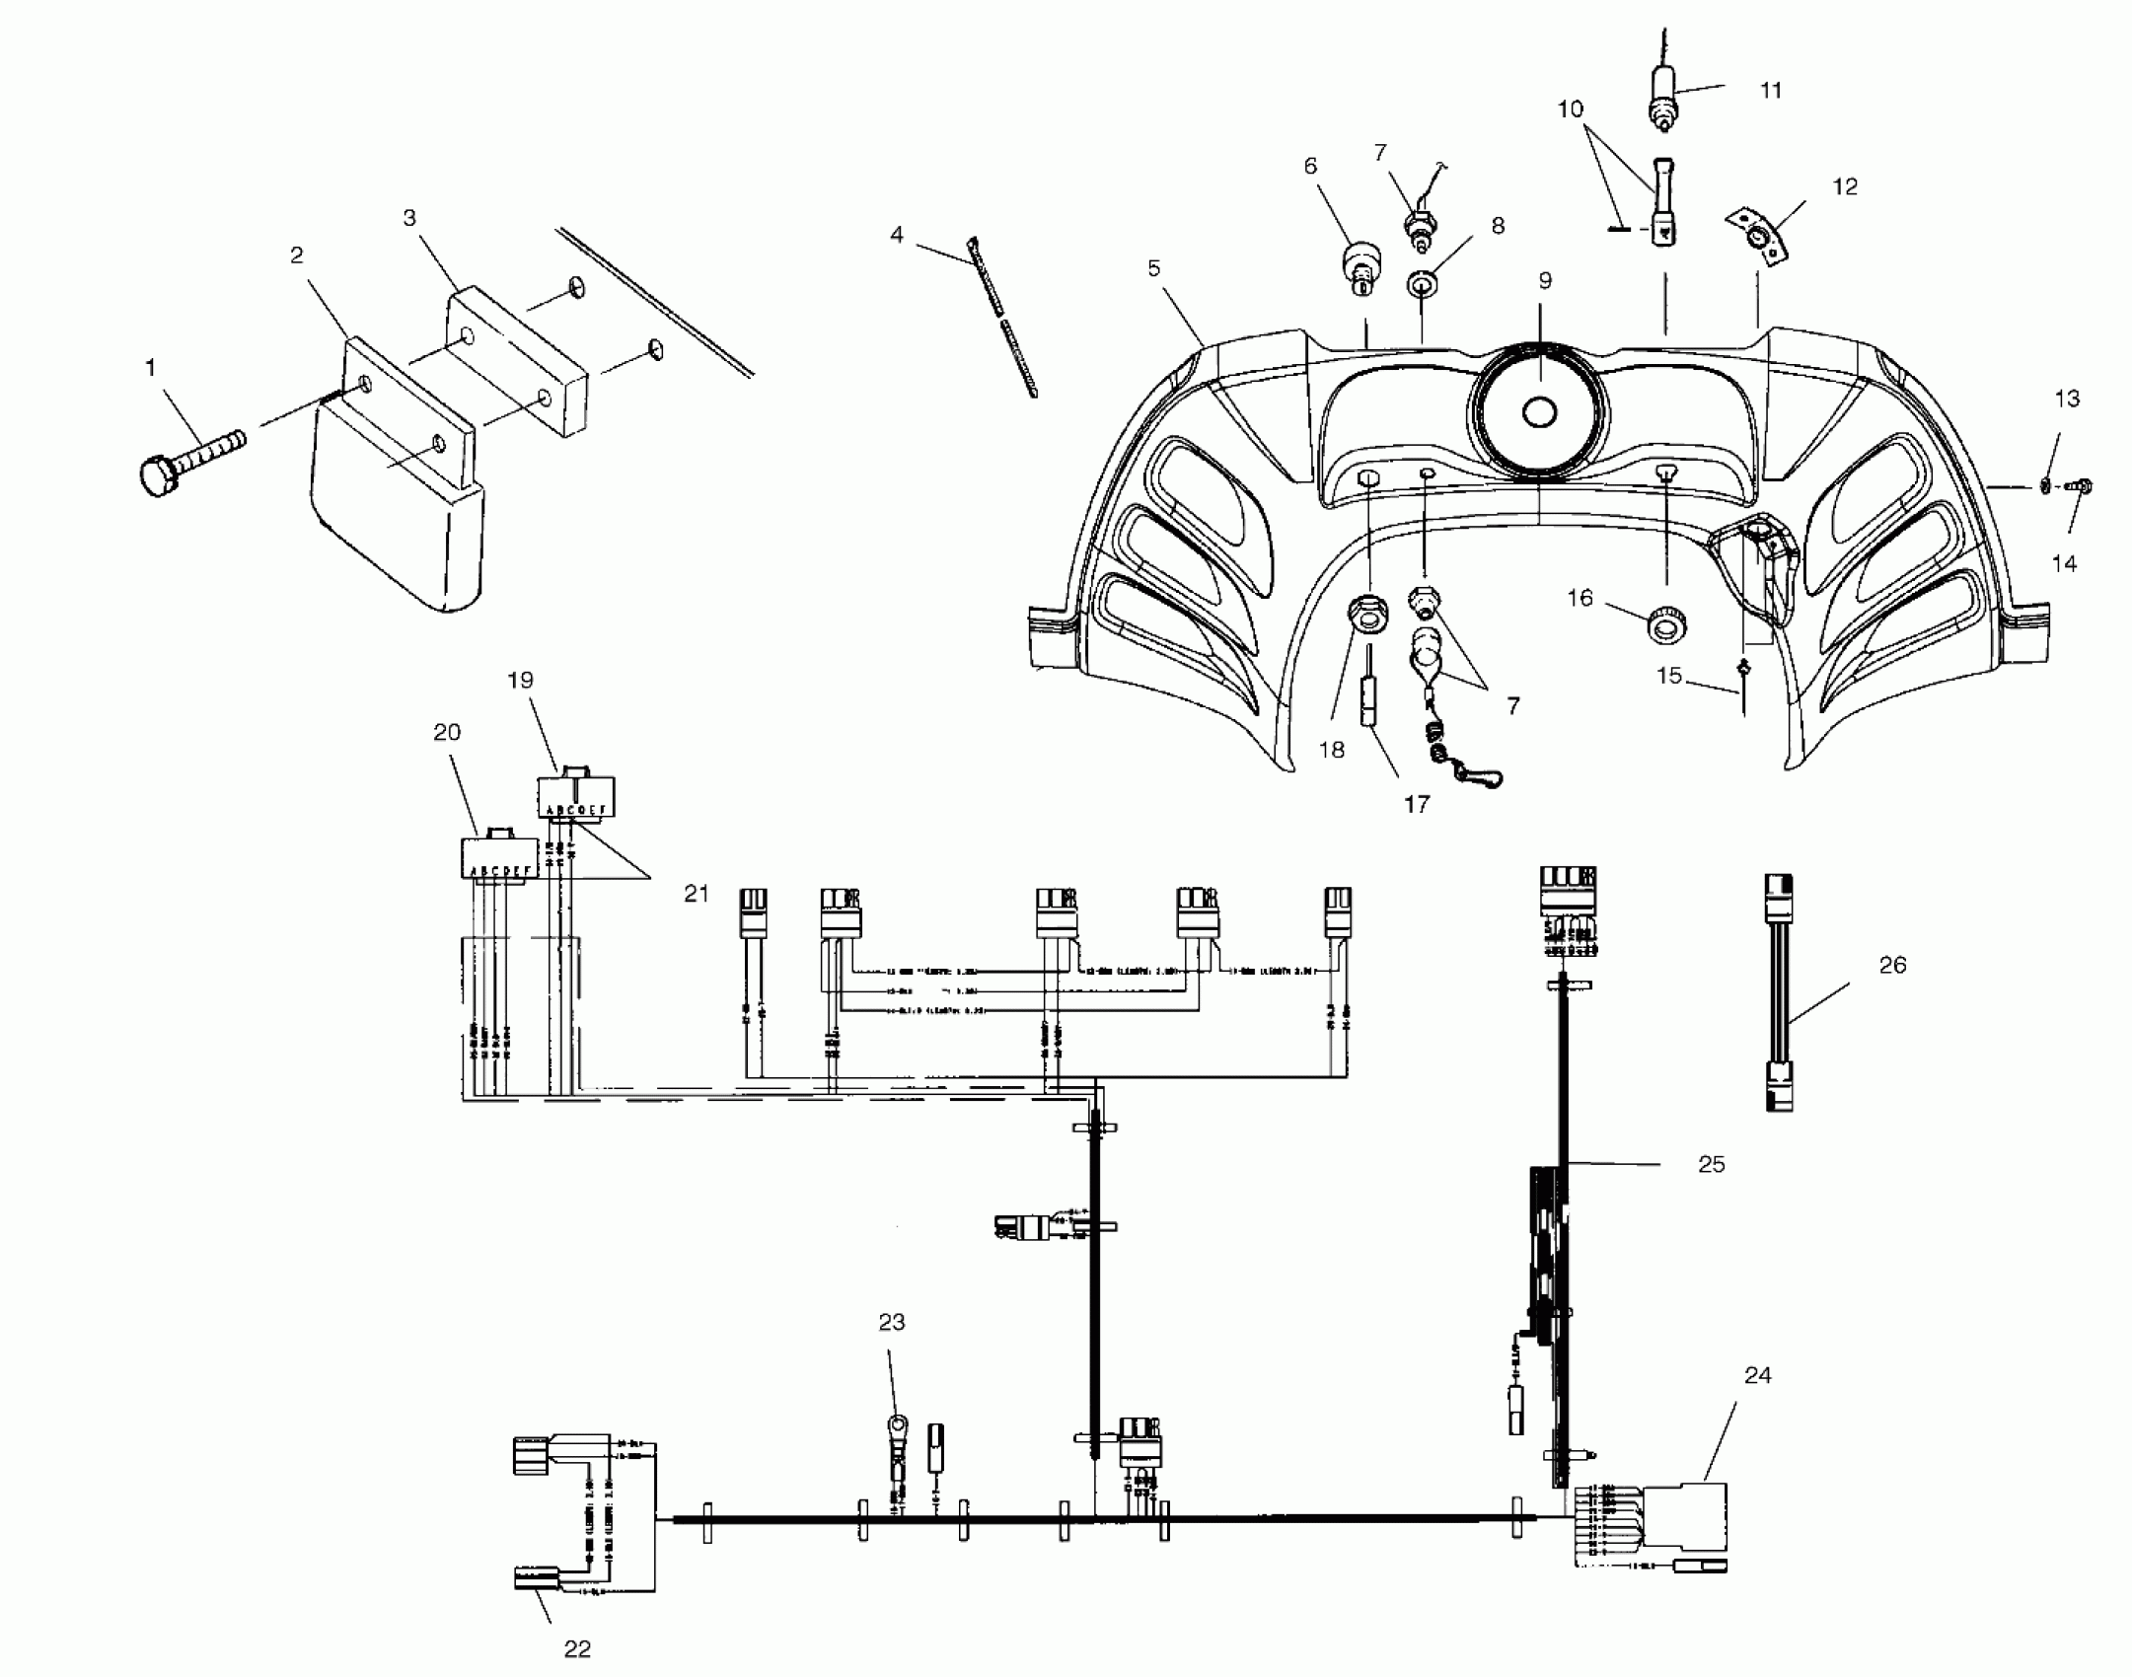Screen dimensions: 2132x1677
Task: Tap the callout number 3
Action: click(x=409, y=219)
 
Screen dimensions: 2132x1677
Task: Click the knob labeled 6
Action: click(x=1360, y=266)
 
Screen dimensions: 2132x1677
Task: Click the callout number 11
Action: click(x=1771, y=91)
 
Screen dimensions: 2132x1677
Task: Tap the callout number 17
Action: click(x=1416, y=805)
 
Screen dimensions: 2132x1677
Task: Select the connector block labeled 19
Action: click(x=575, y=793)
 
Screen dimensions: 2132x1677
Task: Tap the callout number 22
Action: click(x=577, y=1648)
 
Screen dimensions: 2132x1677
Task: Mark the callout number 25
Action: click(x=1711, y=1165)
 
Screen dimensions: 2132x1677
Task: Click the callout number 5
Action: click(x=1154, y=268)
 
